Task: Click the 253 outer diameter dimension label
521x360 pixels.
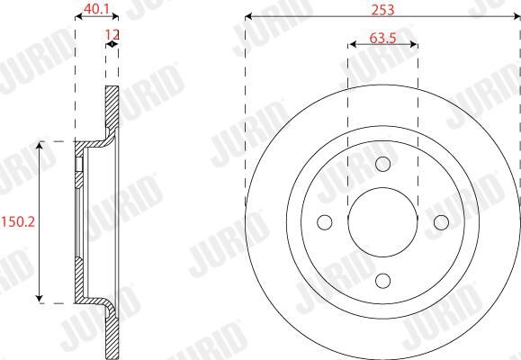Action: point(382,10)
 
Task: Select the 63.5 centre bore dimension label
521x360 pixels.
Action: point(382,38)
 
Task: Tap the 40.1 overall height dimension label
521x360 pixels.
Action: point(96,9)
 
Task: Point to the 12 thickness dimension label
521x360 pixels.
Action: point(112,34)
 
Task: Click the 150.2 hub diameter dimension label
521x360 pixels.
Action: point(18,221)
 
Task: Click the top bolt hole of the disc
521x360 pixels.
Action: point(382,164)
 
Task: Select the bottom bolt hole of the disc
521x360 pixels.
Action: point(382,281)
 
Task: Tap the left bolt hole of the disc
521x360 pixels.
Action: point(325,222)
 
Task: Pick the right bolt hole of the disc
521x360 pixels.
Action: point(441,222)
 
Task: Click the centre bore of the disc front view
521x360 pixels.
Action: point(382,222)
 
